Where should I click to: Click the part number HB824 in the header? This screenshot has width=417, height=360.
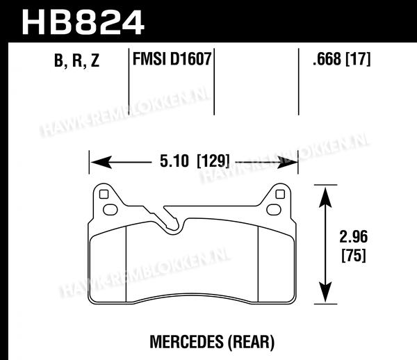pos(83,22)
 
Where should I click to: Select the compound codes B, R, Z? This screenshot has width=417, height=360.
pos(77,60)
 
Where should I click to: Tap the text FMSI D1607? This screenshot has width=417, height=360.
pos(172,59)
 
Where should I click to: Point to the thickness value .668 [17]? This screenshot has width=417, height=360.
pos(341,59)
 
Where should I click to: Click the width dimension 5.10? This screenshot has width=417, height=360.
pos(174,161)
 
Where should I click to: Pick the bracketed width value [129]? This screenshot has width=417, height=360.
pos(213,161)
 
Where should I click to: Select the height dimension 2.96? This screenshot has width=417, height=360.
pos(354,236)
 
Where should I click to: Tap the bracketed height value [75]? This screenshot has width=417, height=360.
pos(354,255)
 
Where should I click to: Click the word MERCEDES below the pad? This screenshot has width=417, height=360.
pos(186,342)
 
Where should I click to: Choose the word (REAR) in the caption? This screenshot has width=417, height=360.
pos(251,342)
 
